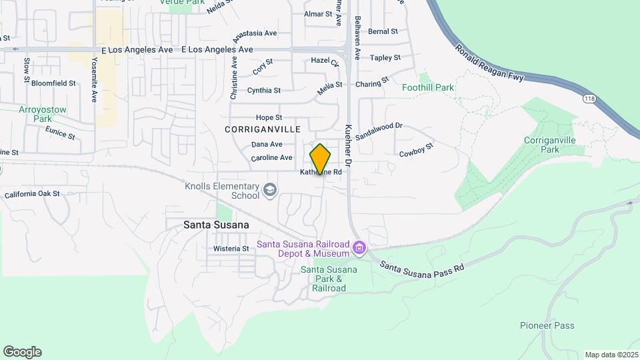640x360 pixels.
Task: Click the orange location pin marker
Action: pyautogui.click(x=320, y=160)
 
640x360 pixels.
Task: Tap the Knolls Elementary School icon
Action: pyautogui.click(x=269, y=191)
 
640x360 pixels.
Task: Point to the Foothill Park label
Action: pyautogui.click(x=428, y=87)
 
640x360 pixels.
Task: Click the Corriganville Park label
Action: pyautogui.click(x=549, y=145)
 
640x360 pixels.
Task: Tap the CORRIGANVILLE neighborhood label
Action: pyautogui.click(x=263, y=129)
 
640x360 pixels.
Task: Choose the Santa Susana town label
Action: pyautogui.click(x=216, y=225)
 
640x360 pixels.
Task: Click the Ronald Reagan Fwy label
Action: pyautogui.click(x=490, y=64)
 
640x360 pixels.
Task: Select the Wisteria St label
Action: pyautogui.click(x=231, y=249)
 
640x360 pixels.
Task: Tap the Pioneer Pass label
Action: pyautogui.click(x=547, y=325)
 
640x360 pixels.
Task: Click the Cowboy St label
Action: pyautogui.click(x=417, y=151)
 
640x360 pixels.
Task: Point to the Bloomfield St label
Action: pyautogui.click(x=53, y=84)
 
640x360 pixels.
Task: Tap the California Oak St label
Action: pyautogui.click(x=32, y=194)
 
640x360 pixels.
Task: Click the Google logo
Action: pyautogui.click(x=22, y=352)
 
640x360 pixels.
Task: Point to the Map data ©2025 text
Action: pyautogui.click(x=611, y=355)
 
